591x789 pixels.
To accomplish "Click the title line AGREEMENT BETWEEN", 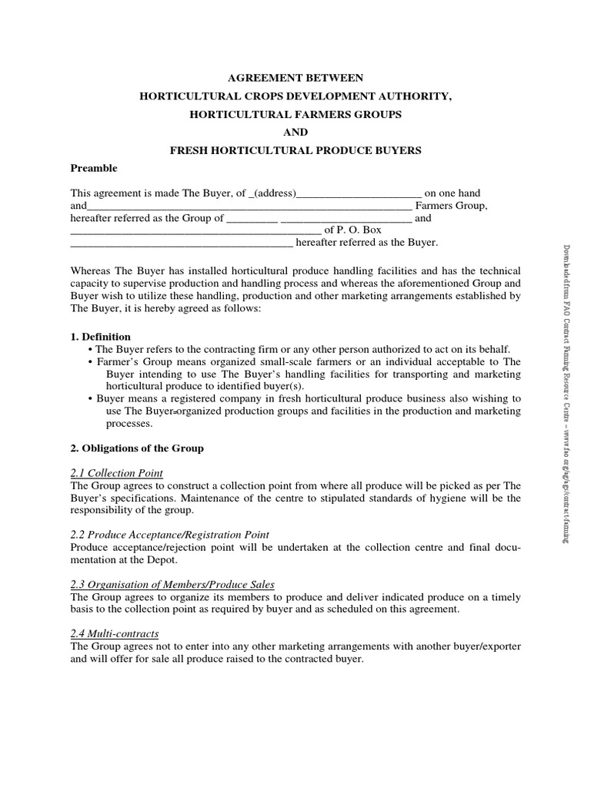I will click(295, 78).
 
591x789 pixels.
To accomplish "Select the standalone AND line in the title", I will click(295, 132).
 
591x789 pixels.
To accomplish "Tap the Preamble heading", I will click(94, 168).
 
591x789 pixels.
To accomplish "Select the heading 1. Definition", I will click(101, 337).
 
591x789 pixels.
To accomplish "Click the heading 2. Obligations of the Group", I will click(137, 448).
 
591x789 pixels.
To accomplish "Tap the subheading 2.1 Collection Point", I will click(117, 473).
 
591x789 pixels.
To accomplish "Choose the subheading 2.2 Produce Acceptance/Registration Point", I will click(170, 535).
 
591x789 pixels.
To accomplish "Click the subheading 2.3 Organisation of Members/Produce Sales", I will click(174, 585).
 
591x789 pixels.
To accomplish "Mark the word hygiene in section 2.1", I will click(392, 498).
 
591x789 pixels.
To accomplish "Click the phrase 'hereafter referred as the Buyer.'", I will click(366, 243).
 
